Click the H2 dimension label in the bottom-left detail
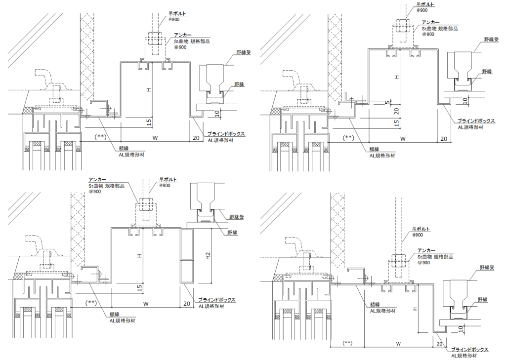pos(209,255)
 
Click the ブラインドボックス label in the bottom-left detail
pos(216,300)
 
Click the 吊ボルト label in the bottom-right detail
pos(421,229)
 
